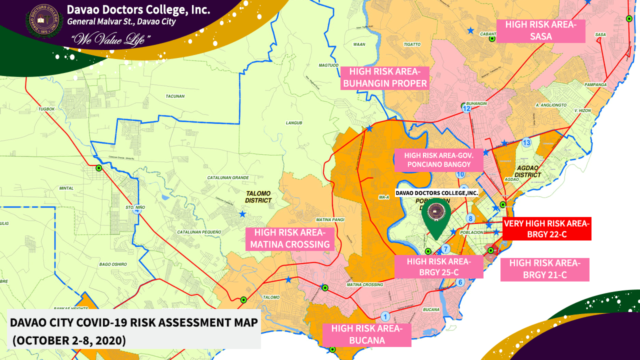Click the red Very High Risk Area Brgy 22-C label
click(x=547, y=229)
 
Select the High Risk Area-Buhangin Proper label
click(x=384, y=77)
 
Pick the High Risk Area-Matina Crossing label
click(x=290, y=238)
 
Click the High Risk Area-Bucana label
click(x=366, y=334)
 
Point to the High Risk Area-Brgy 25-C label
click(x=438, y=266)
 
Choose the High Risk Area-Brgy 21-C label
click(x=544, y=269)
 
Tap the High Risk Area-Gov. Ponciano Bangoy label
click(x=438, y=159)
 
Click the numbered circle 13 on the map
click(x=526, y=142)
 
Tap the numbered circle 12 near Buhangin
click(x=466, y=108)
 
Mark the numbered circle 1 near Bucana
click(x=385, y=316)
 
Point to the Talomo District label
click(x=258, y=197)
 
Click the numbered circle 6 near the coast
click(x=460, y=282)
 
